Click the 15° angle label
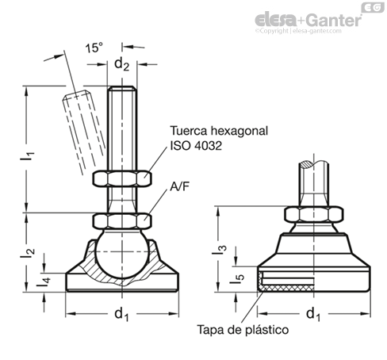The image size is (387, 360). [x=94, y=48]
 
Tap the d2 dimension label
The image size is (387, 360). [x=121, y=64]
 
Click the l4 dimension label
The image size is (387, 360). [x=44, y=281]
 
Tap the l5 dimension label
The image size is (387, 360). [x=237, y=279]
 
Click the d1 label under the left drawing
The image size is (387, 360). [x=121, y=315]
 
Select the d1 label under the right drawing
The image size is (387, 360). [x=313, y=315]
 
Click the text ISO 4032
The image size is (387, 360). [x=196, y=146]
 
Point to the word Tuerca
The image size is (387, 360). [x=187, y=131]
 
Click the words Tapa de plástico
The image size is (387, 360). [x=243, y=330]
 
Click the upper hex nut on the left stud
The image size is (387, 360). [x=122, y=178]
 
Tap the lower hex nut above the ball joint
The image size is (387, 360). [x=122, y=221]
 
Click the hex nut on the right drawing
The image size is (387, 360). [x=314, y=214]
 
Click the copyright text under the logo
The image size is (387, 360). [x=298, y=31]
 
